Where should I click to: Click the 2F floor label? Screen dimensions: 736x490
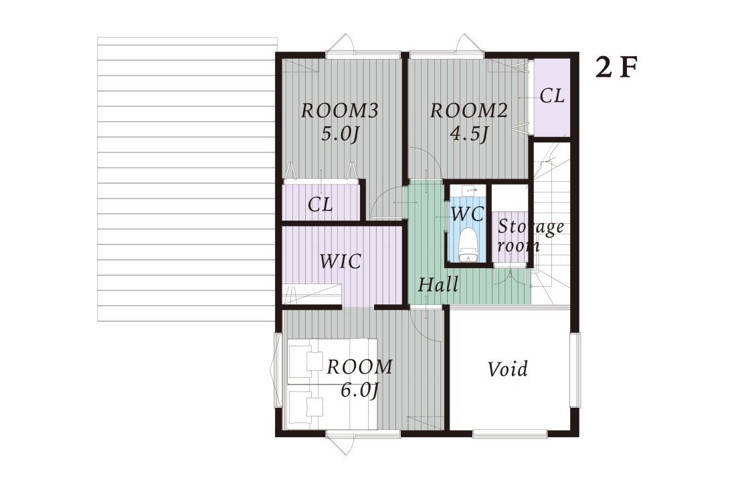617,68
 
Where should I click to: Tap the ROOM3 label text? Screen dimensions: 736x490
339,111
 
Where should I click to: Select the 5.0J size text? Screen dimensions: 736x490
340,135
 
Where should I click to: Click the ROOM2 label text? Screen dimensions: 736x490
469,111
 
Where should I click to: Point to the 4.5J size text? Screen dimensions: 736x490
469,134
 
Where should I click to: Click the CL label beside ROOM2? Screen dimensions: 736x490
552,96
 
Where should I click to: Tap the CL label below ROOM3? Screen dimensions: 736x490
320,205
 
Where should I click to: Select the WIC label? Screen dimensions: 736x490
341,261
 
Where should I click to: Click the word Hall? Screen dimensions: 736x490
438,285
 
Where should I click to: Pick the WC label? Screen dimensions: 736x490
468,214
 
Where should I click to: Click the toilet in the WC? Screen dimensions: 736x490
467,244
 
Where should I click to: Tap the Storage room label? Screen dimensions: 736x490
531,235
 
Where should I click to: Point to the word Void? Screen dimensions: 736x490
507,369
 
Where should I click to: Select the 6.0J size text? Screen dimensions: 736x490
359,390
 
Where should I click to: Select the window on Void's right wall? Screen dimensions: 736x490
575,370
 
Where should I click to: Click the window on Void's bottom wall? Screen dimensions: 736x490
510,434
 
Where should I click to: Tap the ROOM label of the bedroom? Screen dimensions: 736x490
359,367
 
